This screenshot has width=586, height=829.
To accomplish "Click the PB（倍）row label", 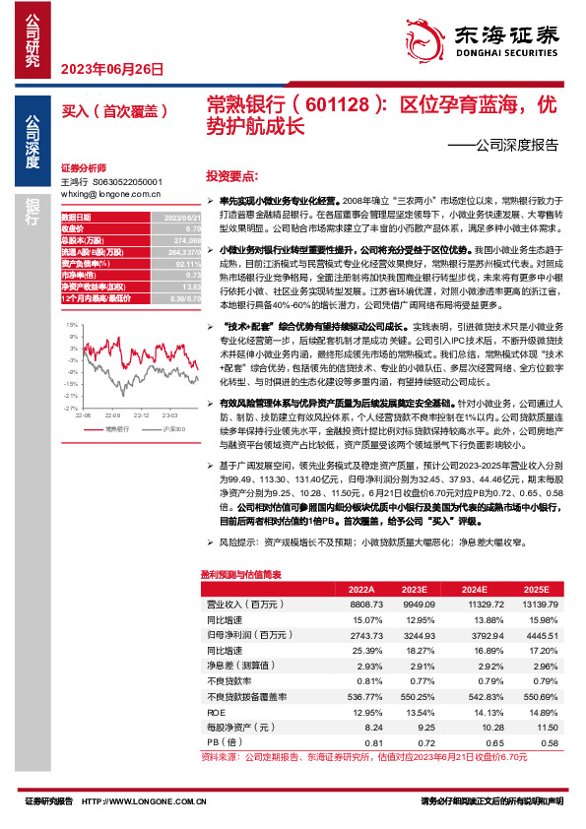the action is pyautogui.click(x=220, y=741).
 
